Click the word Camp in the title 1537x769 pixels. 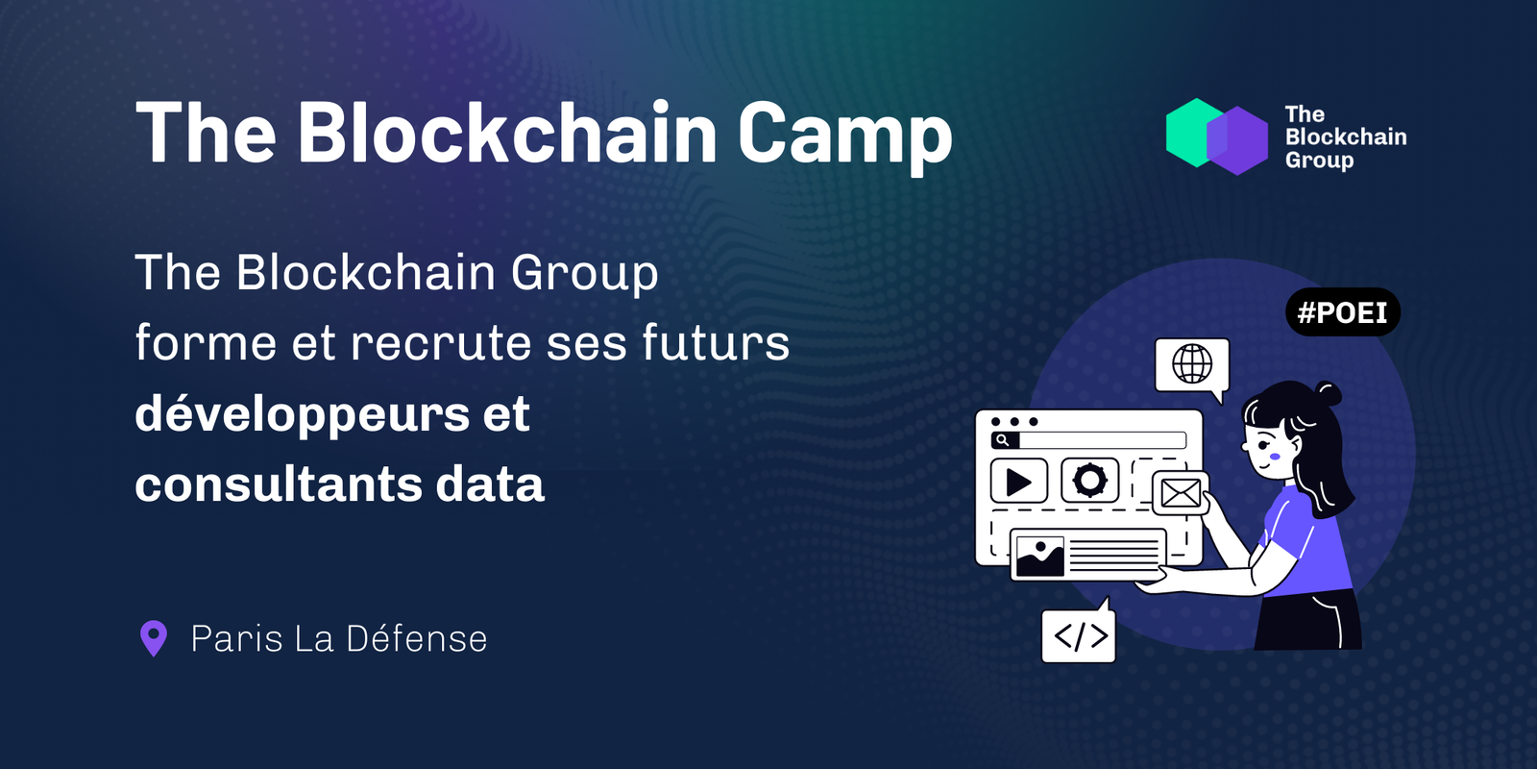(845, 136)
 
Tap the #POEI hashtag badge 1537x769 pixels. (1343, 312)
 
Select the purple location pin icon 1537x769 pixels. (154, 638)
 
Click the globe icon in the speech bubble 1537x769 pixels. (1192, 363)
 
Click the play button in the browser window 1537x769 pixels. (1019, 482)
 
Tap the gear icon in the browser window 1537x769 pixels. (1089, 480)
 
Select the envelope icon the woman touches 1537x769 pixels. (1181, 493)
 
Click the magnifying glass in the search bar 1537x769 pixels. (1003, 440)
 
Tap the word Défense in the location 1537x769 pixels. (417, 638)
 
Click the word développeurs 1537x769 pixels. (303, 414)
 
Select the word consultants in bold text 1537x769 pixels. (279, 484)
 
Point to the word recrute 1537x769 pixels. (441, 343)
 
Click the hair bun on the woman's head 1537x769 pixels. (1328, 394)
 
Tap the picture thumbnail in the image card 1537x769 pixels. (1039, 556)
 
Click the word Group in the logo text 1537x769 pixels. (1319, 161)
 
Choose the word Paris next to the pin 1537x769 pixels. (236, 638)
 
